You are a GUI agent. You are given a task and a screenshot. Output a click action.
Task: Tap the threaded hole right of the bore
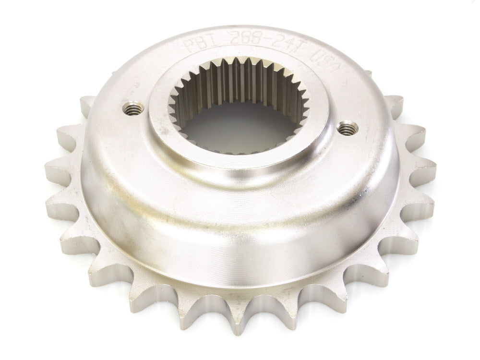click(x=348, y=129)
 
